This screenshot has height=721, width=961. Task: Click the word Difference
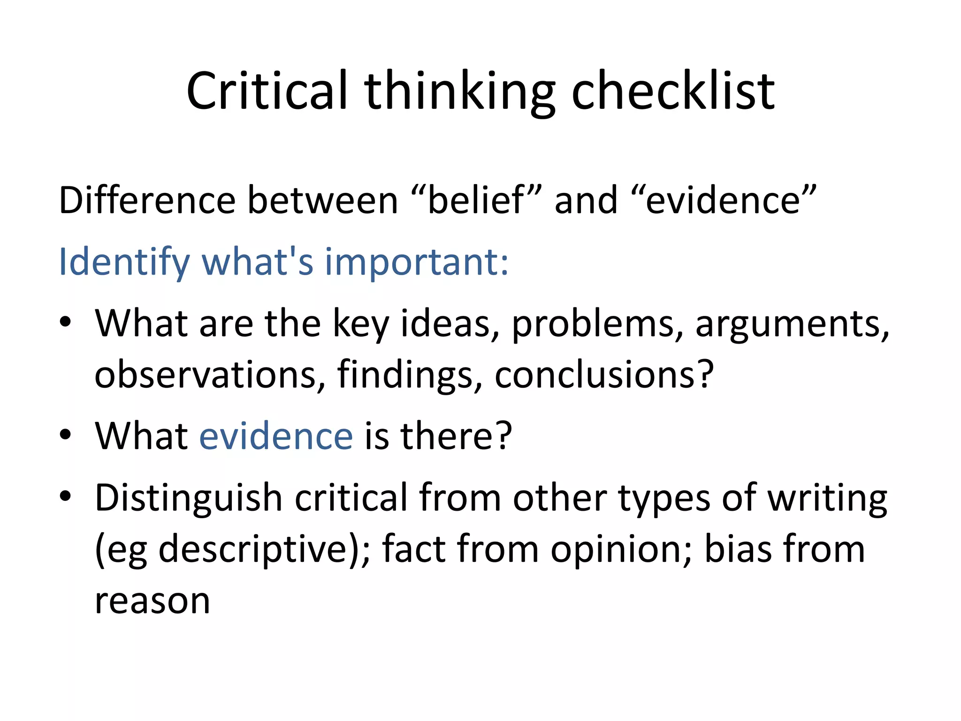[147, 200]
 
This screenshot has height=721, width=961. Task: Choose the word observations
[205, 374]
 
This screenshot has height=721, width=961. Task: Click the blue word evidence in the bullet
[276, 436]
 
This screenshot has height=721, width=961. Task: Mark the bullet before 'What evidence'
[65, 434]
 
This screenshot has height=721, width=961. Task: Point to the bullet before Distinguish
[65, 496]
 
